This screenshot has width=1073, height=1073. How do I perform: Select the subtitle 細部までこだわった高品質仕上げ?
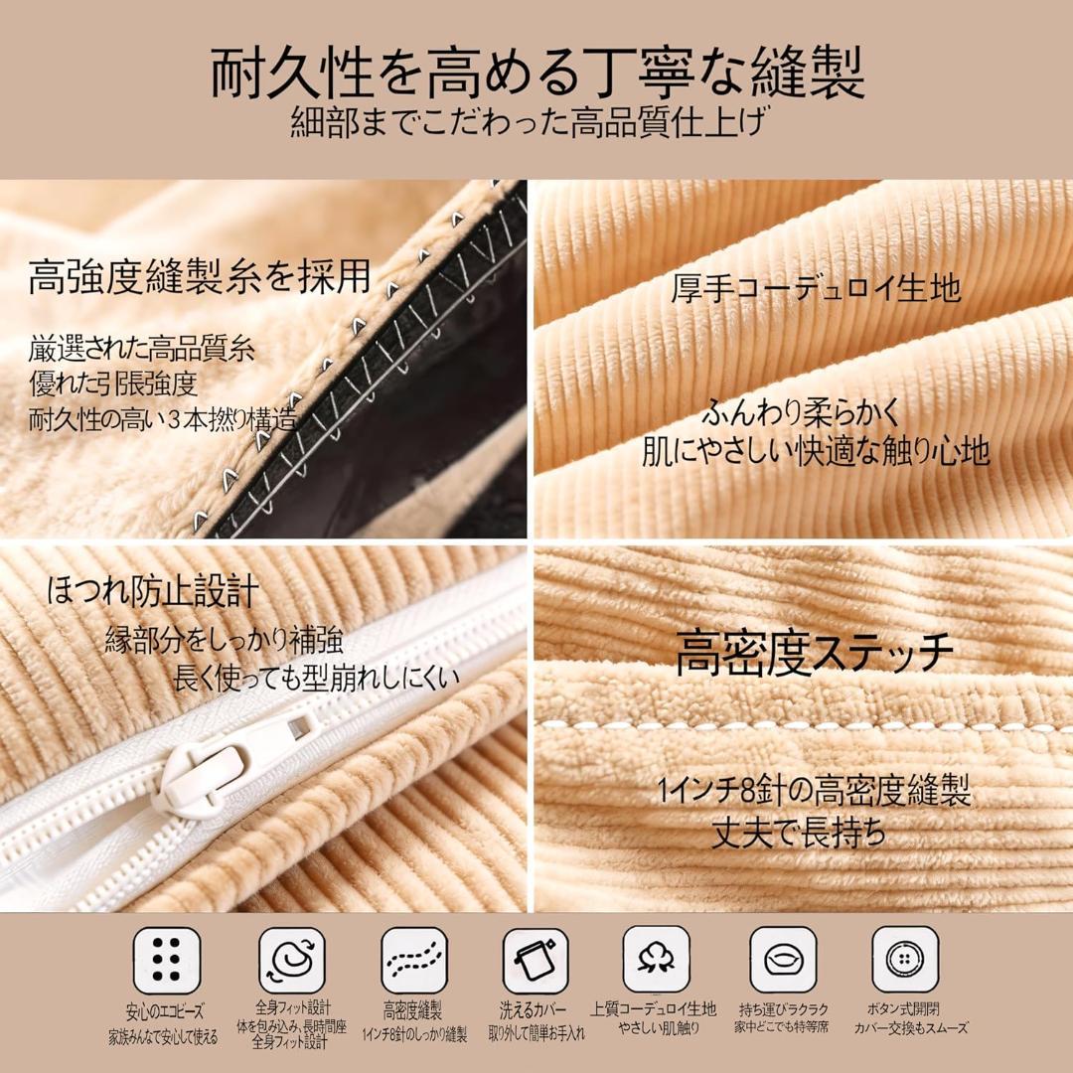coord(536,125)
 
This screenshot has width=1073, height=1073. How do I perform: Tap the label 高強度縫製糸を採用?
coord(199,276)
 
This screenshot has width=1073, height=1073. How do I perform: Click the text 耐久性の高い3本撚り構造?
coord(163,418)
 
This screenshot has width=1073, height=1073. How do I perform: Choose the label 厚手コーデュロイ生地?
coord(816,288)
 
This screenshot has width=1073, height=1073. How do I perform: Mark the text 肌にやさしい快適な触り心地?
coord(816,450)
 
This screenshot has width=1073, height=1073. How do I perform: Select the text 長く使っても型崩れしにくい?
coord(316,680)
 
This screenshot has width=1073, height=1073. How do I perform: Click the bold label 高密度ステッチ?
coord(815,652)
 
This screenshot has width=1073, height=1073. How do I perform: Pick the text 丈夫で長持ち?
coord(799,833)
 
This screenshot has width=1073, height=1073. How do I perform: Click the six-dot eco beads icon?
coord(167,960)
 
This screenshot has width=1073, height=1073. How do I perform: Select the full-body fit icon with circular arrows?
coord(291,960)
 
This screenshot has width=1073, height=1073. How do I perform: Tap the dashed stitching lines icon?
coord(414,960)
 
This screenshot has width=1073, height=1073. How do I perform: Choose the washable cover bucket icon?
coord(536,960)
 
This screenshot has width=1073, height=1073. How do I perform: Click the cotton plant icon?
coord(656,960)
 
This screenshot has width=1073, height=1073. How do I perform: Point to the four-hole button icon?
coord(905,960)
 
